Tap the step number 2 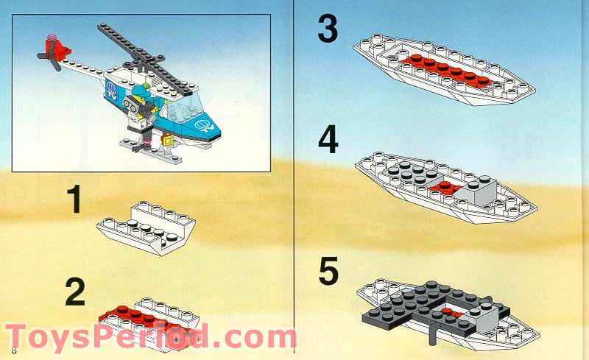point(75,292)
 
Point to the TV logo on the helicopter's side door point(110,92)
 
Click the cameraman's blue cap point(139,95)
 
